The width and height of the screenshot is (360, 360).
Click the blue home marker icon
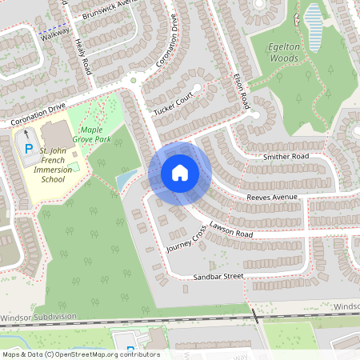[180, 173]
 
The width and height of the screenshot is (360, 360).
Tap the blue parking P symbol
[28, 150]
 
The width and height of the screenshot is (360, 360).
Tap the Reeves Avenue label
[272, 197]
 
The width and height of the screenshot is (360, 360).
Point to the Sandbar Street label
[218, 277]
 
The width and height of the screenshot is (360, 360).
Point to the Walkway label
[57, 35]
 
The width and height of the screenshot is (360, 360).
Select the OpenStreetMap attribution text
[81, 354]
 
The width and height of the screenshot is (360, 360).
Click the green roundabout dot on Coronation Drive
[134, 80]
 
